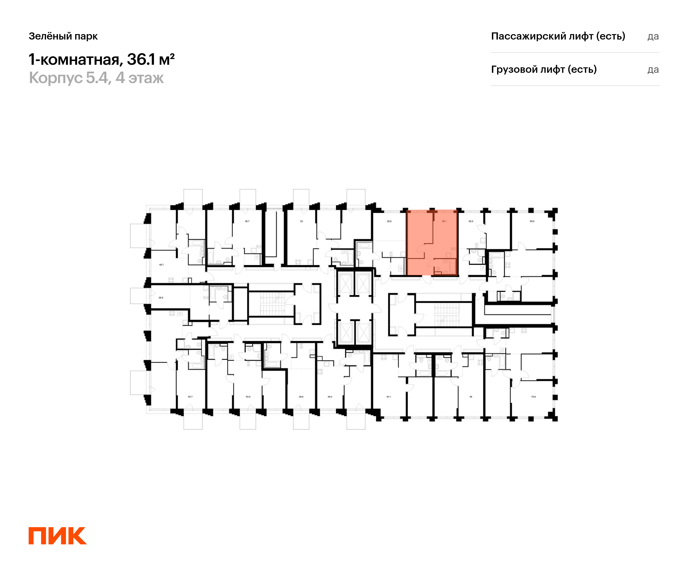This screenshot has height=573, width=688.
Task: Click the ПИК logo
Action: (57, 536)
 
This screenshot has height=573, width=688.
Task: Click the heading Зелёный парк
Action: (63, 36)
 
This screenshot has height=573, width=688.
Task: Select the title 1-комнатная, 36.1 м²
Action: (101, 60)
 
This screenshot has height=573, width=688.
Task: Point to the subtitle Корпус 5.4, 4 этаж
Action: (96, 78)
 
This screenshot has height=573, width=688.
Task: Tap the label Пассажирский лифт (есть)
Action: (558, 36)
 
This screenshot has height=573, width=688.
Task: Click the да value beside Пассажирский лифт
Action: (653, 36)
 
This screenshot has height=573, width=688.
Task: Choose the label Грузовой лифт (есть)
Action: (544, 69)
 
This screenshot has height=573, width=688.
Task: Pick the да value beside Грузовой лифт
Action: (653, 70)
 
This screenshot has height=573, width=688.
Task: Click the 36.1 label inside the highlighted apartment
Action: (444, 221)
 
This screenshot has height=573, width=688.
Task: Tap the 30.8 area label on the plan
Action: (470, 221)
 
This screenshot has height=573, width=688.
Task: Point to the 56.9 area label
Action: (532, 221)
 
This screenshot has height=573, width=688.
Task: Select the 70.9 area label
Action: (533, 397)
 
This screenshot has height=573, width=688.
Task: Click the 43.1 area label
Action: (388, 397)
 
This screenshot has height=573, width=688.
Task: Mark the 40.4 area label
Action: (330, 397)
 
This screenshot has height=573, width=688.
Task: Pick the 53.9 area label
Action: (248, 397)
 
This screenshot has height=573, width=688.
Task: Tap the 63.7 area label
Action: (190, 397)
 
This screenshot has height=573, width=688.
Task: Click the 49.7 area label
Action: (161, 264)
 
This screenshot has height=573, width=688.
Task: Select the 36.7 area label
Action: (247, 221)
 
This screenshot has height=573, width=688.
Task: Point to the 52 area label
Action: (301, 221)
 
